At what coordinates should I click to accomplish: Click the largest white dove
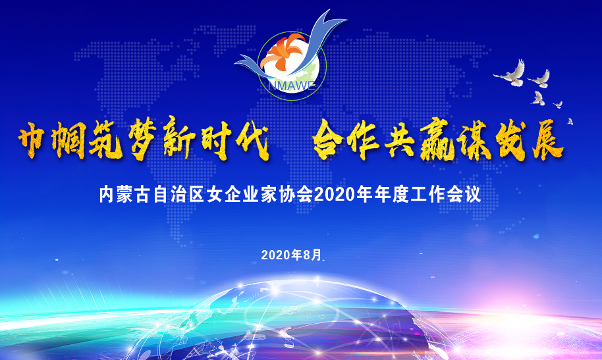pyautogui.click(x=510, y=73)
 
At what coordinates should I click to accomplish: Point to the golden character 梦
pyautogui.click(x=143, y=138)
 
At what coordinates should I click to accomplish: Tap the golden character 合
pyautogui.click(x=327, y=139)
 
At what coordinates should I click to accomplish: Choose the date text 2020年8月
pyautogui.click(x=291, y=255)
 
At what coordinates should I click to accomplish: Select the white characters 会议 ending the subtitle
pyautogui.click(x=464, y=195)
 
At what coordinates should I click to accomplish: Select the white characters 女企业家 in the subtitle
pyautogui.click(x=242, y=195)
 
